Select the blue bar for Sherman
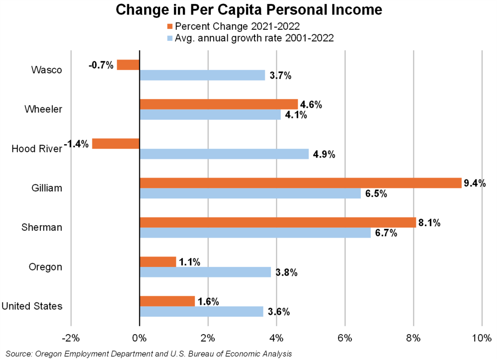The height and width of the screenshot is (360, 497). pyautogui.click(x=255, y=233)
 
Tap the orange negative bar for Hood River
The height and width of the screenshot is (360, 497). pyautogui.click(x=116, y=144)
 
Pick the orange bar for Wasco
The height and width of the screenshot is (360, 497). pyautogui.click(x=128, y=65)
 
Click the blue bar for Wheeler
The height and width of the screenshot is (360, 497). pyautogui.click(x=210, y=115)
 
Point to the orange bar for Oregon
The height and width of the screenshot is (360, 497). pyautogui.click(x=158, y=262)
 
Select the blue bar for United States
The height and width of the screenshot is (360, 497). pyautogui.click(x=201, y=311)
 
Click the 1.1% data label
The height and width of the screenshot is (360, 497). pyautogui.click(x=189, y=262)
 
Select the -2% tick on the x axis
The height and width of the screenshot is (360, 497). pyautogui.click(x=71, y=338)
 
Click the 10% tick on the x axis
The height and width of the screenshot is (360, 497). pyautogui.click(x=481, y=338)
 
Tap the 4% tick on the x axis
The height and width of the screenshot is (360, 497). pyautogui.click(x=276, y=338)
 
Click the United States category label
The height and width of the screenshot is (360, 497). pyautogui.click(x=32, y=306)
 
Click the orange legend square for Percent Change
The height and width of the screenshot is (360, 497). pyautogui.click(x=170, y=26)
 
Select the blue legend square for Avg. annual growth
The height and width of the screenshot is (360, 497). pyautogui.click(x=170, y=37)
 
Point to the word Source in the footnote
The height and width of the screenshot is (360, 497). pyautogui.click(x=18, y=353)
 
